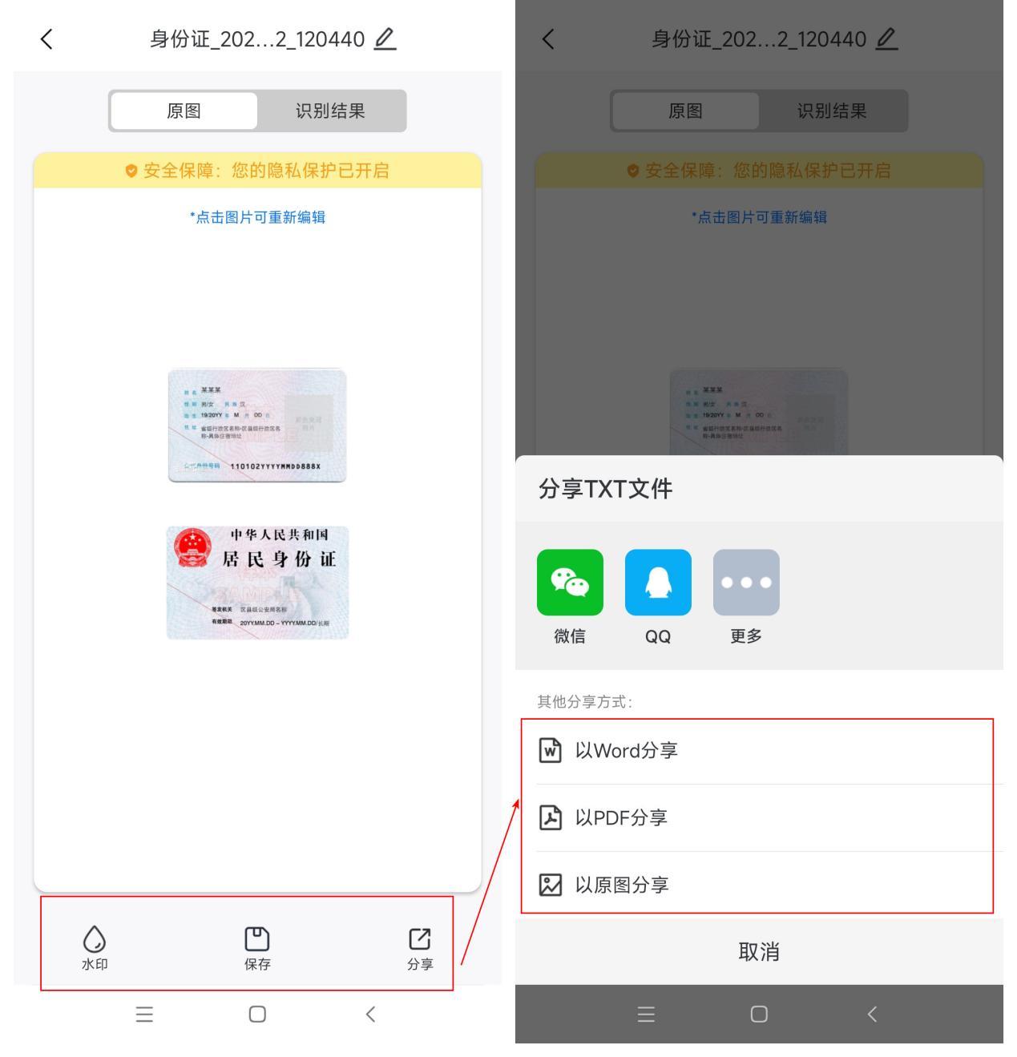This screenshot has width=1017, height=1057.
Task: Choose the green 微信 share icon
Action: (570, 583)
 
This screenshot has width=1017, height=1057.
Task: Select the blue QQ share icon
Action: (658, 583)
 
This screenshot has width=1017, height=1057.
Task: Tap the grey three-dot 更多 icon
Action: (746, 583)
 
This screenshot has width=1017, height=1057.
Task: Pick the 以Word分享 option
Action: (626, 751)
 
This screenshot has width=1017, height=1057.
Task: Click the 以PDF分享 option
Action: (621, 817)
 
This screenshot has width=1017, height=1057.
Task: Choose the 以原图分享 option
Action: (621, 885)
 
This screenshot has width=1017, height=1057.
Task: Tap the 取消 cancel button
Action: (759, 952)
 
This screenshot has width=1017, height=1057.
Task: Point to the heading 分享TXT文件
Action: (606, 489)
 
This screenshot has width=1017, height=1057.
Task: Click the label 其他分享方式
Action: (585, 702)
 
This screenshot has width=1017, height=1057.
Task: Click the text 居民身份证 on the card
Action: (279, 559)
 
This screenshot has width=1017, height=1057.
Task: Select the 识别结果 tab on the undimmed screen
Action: (330, 111)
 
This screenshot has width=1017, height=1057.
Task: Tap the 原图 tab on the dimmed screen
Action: (685, 111)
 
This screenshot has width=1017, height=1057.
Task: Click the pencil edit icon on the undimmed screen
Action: (385, 38)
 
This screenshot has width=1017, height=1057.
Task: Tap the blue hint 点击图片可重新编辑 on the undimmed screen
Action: (257, 217)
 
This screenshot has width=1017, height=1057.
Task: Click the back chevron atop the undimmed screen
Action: (46, 38)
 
